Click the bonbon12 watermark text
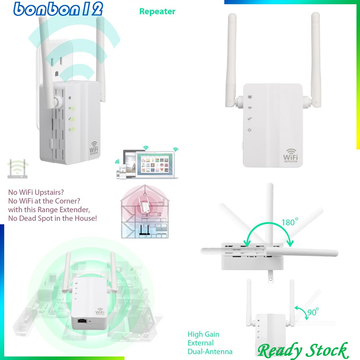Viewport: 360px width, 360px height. [58, 9]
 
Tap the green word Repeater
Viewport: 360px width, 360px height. [157, 11]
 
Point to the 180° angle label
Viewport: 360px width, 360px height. [290, 222]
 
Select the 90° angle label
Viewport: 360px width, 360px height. [313, 311]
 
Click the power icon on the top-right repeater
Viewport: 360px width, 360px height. [250, 130]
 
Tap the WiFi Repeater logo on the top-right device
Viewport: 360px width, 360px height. [291, 155]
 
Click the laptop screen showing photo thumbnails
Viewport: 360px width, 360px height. [155, 163]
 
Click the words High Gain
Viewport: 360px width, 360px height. [203, 334]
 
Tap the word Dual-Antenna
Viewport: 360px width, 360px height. [210, 351]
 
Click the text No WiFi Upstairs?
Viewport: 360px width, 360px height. [36, 193]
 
